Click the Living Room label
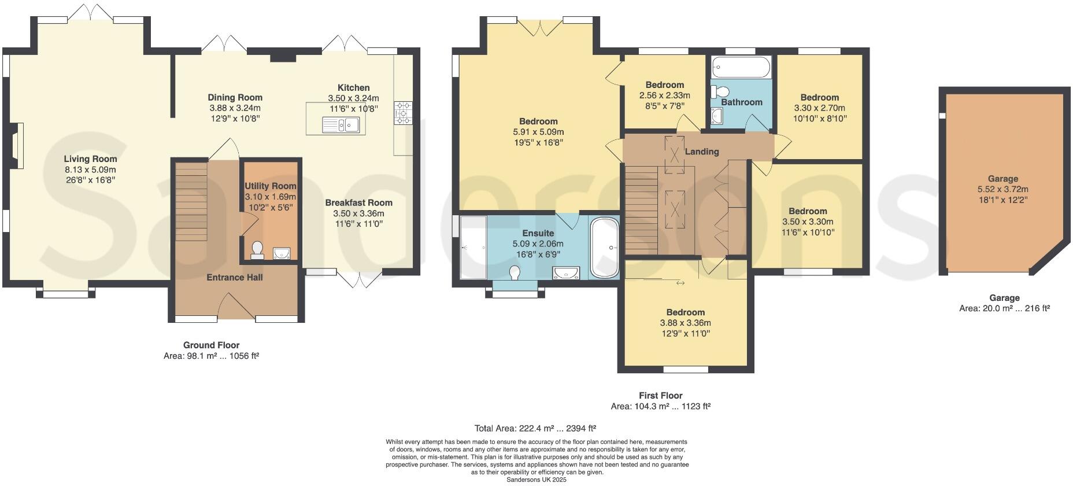point(90,159)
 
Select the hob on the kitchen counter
point(403,113)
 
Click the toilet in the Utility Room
point(257,249)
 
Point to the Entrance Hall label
point(235,278)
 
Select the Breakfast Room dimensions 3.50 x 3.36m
point(358,213)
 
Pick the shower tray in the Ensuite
point(473,248)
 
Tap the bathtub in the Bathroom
point(741,68)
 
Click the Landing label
point(701,152)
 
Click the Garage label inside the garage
point(1002,179)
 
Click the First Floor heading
point(660,396)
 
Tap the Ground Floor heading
point(211,345)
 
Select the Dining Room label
point(235,98)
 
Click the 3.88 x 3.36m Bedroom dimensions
point(685,323)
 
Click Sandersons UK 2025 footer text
point(536,480)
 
